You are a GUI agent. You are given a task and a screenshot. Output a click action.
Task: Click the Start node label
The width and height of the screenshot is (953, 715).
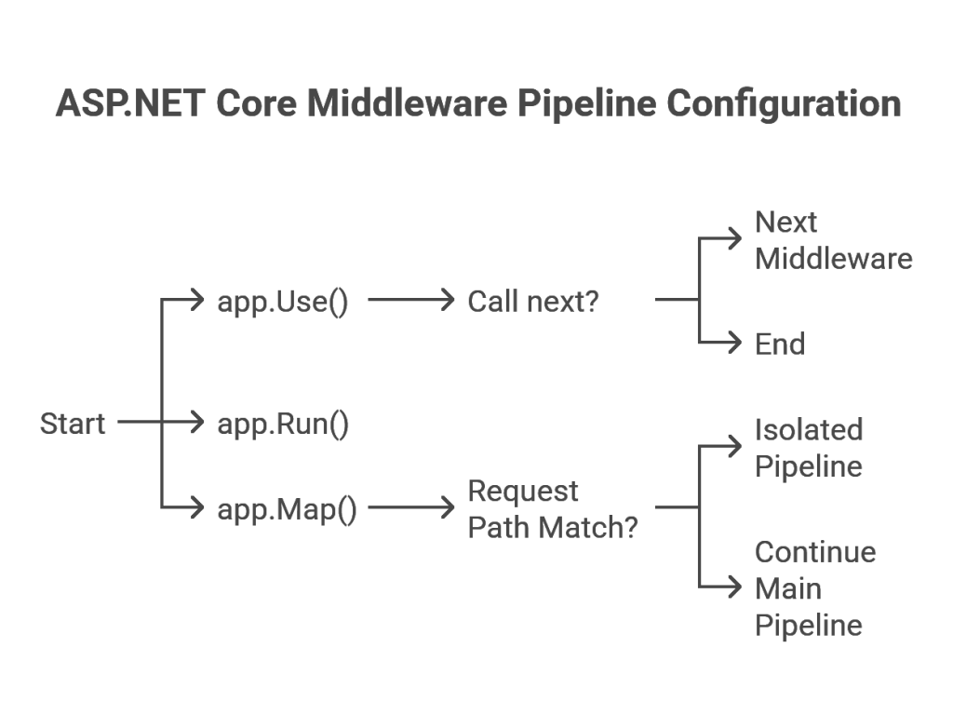tap(73, 424)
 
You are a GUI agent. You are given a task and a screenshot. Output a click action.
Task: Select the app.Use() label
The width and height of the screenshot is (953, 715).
tap(283, 303)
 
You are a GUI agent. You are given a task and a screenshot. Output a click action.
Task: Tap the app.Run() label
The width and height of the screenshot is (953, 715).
tap(283, 425)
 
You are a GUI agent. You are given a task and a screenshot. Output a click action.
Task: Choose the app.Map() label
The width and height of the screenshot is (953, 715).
tap(287, 510)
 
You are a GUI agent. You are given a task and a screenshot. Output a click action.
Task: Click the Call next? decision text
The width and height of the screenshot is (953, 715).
tap(533, 302)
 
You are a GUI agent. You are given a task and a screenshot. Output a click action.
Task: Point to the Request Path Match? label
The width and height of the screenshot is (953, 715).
tap(553, 509)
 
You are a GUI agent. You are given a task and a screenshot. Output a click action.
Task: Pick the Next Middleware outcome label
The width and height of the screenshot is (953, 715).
tap(833, 240)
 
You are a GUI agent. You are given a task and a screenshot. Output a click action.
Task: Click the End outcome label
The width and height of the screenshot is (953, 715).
tap(780, 344)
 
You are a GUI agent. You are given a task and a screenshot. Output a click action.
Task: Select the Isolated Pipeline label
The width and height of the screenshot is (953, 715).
tap(809, 448)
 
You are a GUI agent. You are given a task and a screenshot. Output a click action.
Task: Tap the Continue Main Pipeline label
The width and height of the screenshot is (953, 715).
tap(815, 588)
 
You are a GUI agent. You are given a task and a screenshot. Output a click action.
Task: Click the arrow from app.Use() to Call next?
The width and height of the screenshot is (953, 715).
tap(411, 300)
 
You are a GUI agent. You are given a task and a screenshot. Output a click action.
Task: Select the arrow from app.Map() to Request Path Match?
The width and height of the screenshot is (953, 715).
tap(411, 507)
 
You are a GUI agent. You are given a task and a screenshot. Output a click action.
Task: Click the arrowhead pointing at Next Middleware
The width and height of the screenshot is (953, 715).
tap(735, 238)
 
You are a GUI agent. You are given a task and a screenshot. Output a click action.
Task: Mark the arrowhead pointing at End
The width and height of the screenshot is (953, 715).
tap(735, 343)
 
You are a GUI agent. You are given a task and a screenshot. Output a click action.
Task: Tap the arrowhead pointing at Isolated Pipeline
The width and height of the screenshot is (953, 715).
tap(735, 446)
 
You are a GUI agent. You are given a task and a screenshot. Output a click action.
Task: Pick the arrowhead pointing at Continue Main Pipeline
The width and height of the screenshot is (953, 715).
tap(735, 587)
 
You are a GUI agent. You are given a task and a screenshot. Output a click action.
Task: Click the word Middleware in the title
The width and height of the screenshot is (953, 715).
tap(407, 103)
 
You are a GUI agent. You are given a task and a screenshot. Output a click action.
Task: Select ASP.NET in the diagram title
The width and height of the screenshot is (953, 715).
tap(130, 103)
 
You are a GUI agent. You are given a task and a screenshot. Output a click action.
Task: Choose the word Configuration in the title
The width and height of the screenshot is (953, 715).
tap(784, 104)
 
